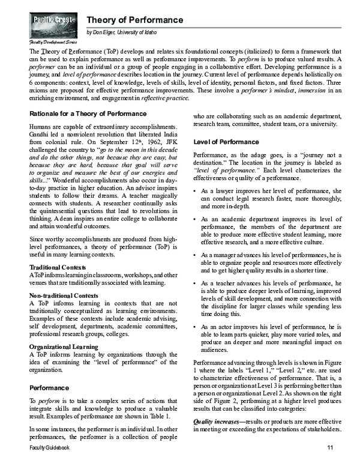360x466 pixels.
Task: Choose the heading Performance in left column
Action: pyautogui.click(x=53, y=389)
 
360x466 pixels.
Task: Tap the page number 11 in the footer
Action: pyautogui.click(x=329, y=449)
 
